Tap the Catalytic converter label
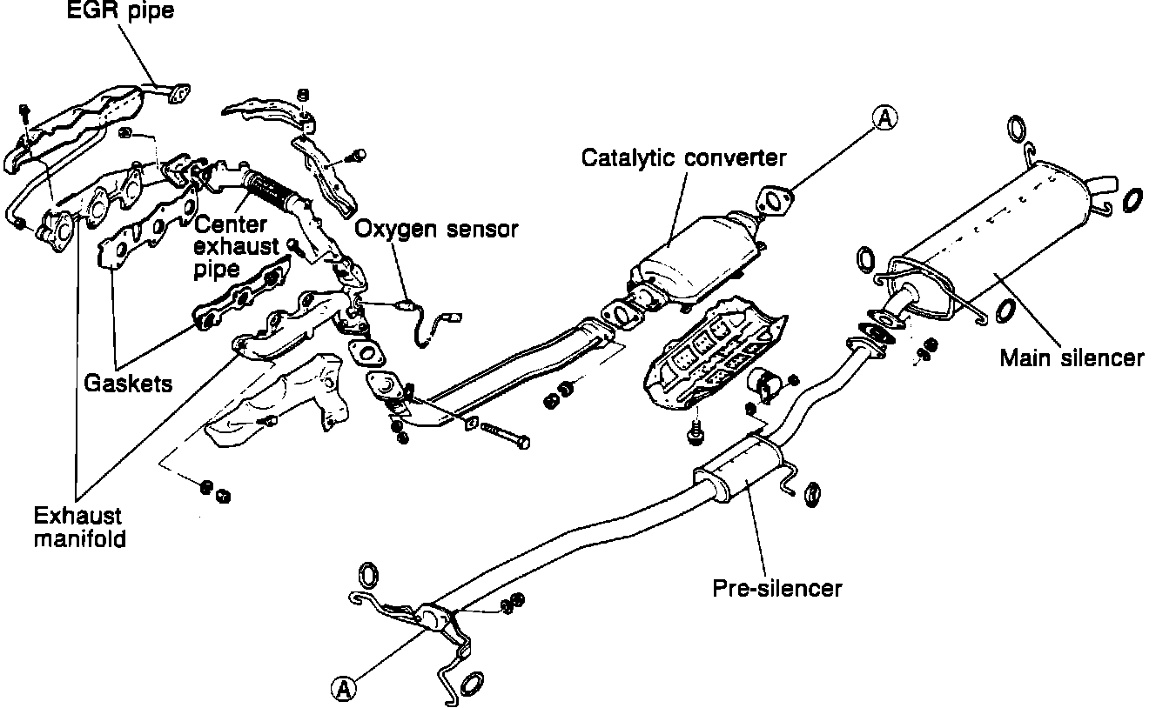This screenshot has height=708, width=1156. [683, 157]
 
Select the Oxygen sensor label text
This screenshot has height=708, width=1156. [437, 229]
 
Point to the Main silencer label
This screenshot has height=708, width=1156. [1072, 357]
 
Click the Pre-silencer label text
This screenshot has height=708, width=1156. [777, 588]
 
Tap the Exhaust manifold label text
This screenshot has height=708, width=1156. [79, 526]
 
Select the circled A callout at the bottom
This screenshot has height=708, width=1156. [345, 688]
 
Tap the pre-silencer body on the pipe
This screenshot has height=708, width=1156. [739, 469]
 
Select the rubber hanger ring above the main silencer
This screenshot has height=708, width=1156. [1015, 130]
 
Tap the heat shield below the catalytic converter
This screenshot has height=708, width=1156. [709, 357]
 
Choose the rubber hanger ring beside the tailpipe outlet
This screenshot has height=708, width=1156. [1132, 200]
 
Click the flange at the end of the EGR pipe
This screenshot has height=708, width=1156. [178, 92]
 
